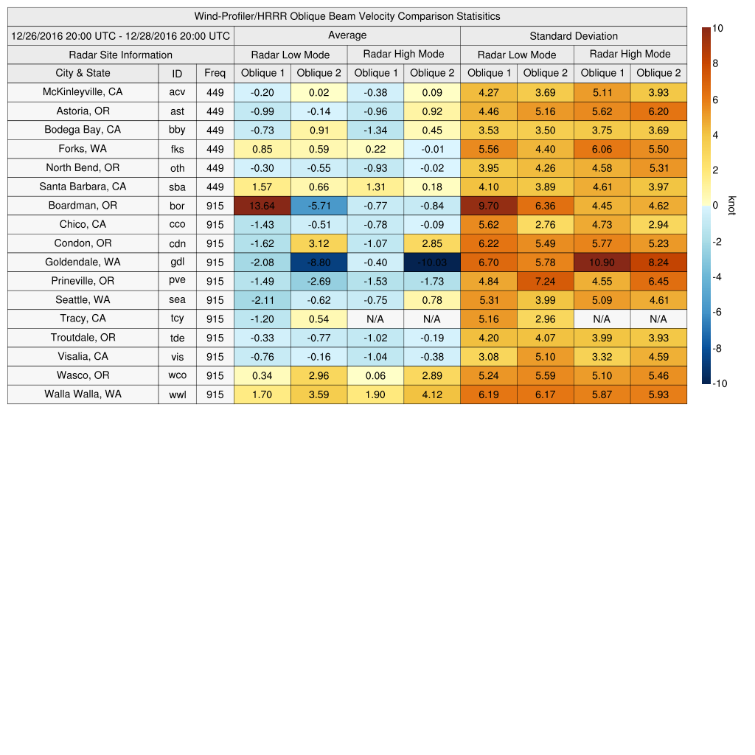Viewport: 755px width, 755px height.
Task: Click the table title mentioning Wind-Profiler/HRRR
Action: tap(347, 16)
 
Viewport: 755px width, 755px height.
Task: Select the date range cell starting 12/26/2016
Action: tap(121, 35)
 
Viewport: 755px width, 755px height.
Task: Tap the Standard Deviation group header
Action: tap(574, 35)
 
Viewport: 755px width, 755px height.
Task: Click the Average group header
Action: tap(347, 35)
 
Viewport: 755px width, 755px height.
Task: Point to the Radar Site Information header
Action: tap(121, 55)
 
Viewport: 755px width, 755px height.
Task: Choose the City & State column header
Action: tap(83, 73)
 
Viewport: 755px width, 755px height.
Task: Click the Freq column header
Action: tap(215, 73)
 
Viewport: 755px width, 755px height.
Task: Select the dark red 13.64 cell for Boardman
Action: tap(262, 206)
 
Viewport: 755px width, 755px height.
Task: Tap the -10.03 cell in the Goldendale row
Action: tap(432, 262)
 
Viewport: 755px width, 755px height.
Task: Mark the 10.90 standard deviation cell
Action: tap(602, 262)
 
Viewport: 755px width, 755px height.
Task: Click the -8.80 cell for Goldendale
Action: tap(319, 262)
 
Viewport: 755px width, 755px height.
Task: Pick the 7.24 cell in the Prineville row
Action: tap(545, 281)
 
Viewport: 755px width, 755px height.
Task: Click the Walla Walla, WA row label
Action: tap(83, 394)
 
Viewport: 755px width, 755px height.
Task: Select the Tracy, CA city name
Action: tap(83, 319)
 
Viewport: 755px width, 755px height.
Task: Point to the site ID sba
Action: tap(177, 187)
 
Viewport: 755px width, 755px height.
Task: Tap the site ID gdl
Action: tap(177, 262)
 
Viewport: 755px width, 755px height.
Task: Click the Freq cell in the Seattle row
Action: tap(215, 300)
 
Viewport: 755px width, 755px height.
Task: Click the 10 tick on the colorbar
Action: tap(718, 28)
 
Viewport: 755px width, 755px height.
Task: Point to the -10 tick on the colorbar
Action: tap(720, 383)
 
